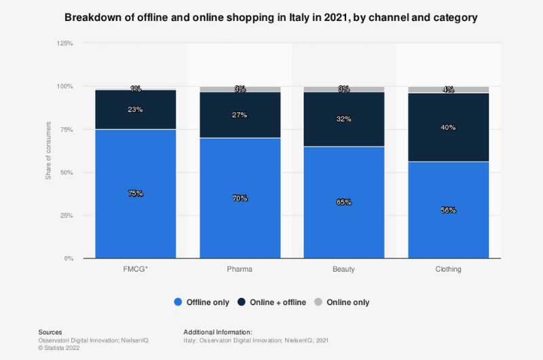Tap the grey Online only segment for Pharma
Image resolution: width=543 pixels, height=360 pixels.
[x=240, y=89]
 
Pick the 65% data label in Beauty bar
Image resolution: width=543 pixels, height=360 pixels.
[x=343, y=202]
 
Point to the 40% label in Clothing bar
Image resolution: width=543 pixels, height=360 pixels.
[x=447, y=128]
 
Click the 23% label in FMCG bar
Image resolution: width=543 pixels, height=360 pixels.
[x=136, y=109]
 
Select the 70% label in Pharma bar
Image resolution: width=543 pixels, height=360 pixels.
[x=240, y=198]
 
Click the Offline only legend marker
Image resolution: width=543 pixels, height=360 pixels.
[x=178, y=302]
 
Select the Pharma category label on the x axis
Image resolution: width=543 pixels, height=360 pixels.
[x=240, y=270]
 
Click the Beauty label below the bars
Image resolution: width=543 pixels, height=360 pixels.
[x=343, y=270]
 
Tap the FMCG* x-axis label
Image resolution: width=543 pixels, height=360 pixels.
[x=136, y=270]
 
